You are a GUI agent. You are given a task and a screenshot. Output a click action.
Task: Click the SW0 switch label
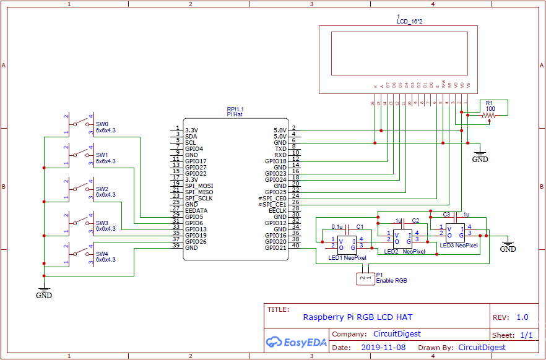102,124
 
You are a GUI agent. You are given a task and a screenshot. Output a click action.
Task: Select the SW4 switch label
102,254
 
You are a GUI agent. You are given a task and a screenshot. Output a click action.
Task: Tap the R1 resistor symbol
489,115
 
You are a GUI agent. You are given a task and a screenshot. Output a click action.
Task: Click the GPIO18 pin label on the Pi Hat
275,161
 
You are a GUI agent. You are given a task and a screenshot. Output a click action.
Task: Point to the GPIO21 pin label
275,247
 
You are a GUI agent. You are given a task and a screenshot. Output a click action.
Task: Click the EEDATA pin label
196,210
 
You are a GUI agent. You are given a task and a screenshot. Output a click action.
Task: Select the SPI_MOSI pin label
199,186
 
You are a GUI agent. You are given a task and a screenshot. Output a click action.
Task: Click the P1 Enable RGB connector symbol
366,278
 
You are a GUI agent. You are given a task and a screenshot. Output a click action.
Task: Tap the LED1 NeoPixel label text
347,258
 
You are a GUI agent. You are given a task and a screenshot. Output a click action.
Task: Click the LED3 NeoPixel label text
459,246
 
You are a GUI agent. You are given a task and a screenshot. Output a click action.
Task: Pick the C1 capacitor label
360,227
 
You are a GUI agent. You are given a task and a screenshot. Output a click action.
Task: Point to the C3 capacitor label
446,214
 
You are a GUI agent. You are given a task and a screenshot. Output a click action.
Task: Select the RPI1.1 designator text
235,108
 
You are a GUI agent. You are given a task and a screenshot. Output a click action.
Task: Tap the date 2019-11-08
383,348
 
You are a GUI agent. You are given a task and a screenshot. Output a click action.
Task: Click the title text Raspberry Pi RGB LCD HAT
357,317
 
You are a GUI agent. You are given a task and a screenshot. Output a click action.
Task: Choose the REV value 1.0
522,317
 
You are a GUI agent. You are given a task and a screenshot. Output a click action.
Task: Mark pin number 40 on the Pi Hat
295,246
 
